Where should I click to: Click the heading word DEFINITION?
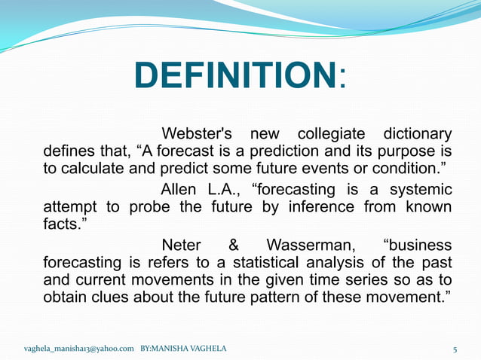(234, 75)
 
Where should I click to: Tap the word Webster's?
(198, 134)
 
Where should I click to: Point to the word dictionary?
(418, 134)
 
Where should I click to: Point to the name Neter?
(182, 246)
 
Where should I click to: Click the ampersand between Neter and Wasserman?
(233, 246)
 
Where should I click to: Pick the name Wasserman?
(311, 246)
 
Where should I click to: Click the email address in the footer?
(79, 349)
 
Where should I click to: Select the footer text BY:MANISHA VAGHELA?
(183, 349)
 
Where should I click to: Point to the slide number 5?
(455, 349)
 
